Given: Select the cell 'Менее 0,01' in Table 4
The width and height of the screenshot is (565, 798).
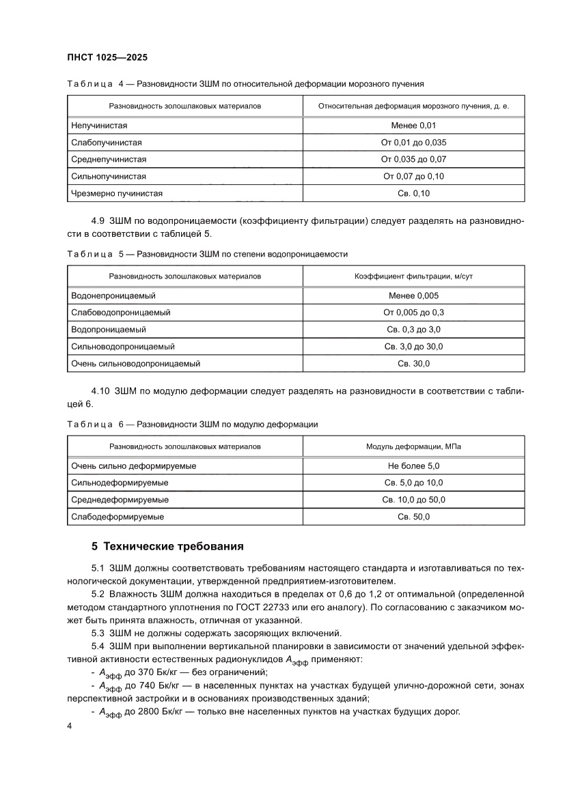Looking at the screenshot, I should click(x=413, y=126).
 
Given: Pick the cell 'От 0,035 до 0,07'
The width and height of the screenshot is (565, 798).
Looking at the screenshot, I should click(x=413, y=159).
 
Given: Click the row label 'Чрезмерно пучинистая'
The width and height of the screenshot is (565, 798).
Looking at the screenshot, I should click(x=117, y=193).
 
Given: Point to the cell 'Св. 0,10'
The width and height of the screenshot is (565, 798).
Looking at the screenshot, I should click(x=413, y=193).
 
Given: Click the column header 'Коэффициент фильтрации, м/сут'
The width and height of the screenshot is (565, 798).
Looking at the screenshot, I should click(x=413, y=276).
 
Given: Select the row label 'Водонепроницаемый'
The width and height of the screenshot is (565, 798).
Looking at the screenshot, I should click(x=113, y=296).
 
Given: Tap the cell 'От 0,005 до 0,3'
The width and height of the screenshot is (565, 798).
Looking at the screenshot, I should click(x=413, y=313).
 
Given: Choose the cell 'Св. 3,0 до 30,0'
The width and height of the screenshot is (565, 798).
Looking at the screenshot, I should click(x=413, y=347).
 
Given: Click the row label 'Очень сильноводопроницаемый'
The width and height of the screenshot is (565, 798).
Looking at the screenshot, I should click(x=135, y=364).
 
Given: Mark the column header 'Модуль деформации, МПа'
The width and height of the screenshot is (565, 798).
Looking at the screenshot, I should click(x=413, y=446).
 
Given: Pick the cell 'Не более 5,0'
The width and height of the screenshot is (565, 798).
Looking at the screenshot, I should click(x=413, y=466).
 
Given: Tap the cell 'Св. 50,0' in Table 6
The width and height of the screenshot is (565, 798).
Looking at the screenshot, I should click(x=413, y=517).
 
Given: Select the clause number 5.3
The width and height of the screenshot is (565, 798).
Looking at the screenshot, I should click(x=97, y=633).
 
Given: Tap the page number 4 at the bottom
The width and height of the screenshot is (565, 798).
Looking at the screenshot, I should click(x=69, y=726).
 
